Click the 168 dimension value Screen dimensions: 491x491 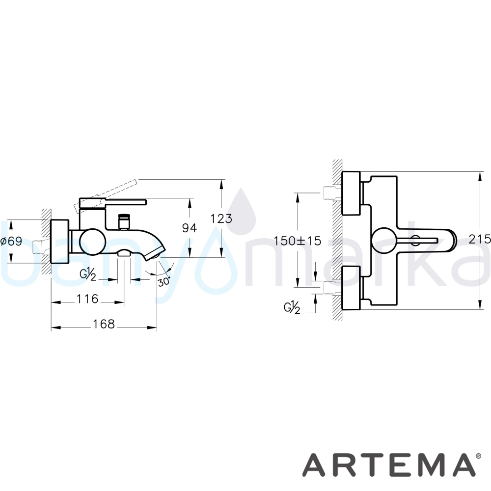coord(104,324)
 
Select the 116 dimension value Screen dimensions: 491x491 coord(88,299)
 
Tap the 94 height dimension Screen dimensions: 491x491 coord(190,228)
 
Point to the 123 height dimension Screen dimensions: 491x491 coord(221,218)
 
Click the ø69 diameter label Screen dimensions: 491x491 coord(11,242)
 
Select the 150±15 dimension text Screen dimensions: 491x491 coord(298,241)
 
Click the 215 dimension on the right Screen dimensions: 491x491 coord(480,239)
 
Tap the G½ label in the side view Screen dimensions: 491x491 coord(88,274)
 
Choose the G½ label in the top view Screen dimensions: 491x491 coord(292,308)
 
